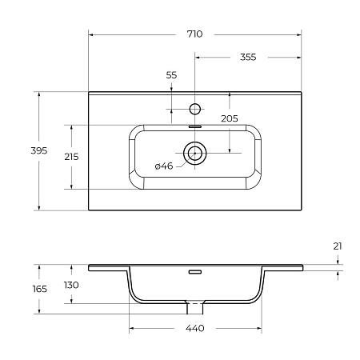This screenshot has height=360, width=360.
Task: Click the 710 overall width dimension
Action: [x=194, y=34]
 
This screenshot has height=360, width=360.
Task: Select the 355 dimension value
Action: [x=248, y=57]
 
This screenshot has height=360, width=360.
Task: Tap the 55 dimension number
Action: [x=171, y=75]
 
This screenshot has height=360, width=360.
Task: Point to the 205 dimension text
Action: [x=230, y=118]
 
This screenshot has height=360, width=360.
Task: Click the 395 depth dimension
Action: [x=39, y=150]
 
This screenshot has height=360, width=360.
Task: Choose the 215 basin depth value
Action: [x=71, y=157]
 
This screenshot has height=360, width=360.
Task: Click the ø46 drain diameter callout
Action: [x=164, y=166]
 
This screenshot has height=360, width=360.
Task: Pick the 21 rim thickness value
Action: [x=338, y=246]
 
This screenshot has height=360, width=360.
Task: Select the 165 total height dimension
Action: [x=40, y=289]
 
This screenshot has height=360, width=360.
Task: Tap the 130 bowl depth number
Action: [x=71, y=285]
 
